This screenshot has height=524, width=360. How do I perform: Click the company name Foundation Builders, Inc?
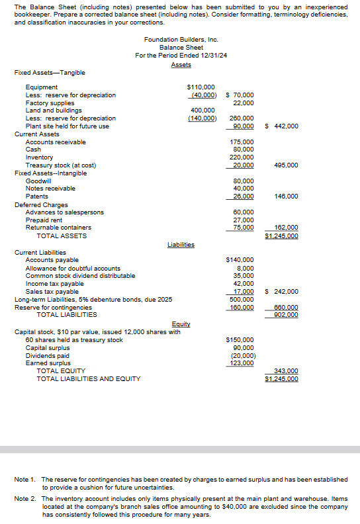[x=181, y=40]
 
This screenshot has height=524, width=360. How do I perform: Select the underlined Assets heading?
[x=181, y=64]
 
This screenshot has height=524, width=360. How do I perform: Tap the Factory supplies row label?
[x=50, y=103]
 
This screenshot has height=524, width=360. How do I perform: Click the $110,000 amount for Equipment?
[x=201, y=87]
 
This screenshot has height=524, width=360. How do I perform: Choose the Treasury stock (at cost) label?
[x=61, y=165]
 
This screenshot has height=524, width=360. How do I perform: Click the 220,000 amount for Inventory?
[x=242, y=157]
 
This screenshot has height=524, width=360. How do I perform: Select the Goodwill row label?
[x=38, y=181]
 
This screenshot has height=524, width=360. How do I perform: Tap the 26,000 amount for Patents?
[x=243, y=196]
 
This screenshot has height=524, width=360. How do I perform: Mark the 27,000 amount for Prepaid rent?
[x=243, y=220]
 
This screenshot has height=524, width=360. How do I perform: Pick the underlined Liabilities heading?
[x=181, y=244]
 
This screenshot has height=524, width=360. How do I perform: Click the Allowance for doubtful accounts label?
[x=73, y=268]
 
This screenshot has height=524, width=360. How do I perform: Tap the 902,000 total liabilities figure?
[x=285, y=315]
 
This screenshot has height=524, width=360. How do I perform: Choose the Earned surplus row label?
[x=48, y=363]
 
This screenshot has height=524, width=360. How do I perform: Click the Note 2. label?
[x=25, y=498]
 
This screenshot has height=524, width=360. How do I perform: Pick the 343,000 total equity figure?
[x=285, y=371]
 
